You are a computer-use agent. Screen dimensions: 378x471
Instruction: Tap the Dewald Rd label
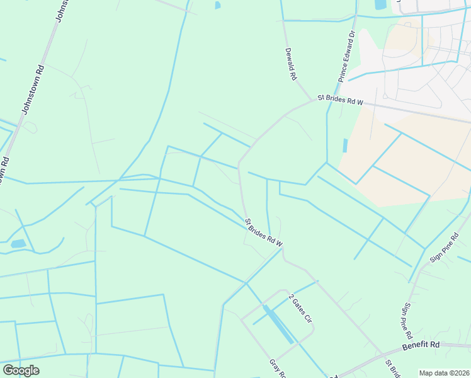[x=290, y=64]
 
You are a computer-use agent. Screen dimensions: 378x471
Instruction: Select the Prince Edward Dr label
[x=346, y=57]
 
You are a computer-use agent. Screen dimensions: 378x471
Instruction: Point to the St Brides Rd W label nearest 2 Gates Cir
[x=264, y=232]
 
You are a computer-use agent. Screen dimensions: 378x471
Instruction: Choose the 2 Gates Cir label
[x=300, y=309]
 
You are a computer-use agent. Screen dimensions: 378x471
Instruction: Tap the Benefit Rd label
[x=423, y=345]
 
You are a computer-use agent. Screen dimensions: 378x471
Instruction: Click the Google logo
[x=21, y=370]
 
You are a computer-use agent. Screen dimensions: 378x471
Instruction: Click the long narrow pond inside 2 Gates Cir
[x=277, y=324]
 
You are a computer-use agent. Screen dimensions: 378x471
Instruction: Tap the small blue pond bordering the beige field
[x=345, y=145]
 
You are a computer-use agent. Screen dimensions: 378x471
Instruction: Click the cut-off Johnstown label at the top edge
[x=60, y=10]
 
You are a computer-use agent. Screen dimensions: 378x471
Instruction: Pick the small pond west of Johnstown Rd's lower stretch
[x=18, y=243]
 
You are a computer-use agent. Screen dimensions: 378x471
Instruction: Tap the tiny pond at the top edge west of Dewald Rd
[x=217, y=5]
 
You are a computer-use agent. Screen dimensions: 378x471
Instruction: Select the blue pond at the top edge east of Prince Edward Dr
[x=380, y=4]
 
